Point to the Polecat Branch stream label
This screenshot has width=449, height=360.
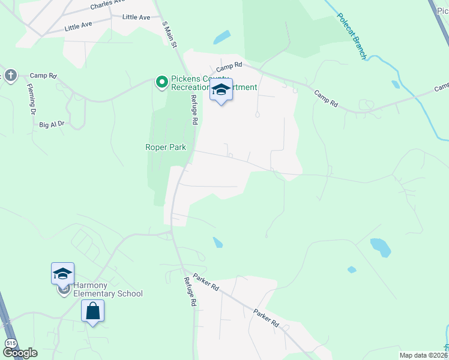(x=351, y=35)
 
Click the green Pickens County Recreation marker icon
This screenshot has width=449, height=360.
(x=161, y=82)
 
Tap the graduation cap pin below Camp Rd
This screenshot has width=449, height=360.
(x=221, y=91)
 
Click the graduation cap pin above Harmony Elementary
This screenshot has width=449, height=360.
(x=63, y=274)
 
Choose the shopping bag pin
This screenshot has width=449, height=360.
(x=93, y=311)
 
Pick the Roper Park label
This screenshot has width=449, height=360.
(x=166, y=147)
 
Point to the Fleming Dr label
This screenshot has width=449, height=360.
(x=32, y=98)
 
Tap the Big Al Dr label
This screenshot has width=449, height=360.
(x=52, y=124)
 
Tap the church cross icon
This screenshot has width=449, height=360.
(x=10, y=75)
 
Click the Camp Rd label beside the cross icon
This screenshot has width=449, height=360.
(x=43, y=76)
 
